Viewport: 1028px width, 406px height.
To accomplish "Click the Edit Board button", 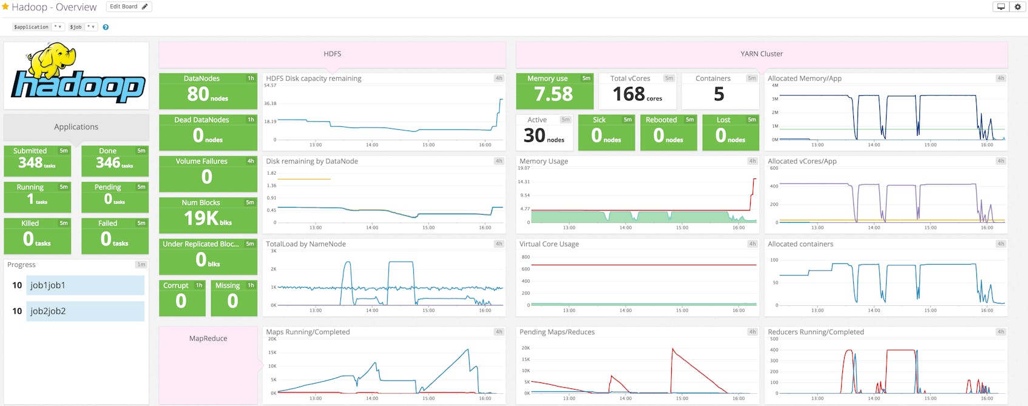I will (x=129, y=7).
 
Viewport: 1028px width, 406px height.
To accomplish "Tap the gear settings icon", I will (x=1018, y=7).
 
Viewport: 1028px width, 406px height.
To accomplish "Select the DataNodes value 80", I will (x=198, y=94).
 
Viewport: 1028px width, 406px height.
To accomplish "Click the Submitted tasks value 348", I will (x=30, y=163).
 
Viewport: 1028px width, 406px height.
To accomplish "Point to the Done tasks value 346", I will (x=108, y=163).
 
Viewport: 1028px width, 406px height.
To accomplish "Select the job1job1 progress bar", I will (x=85, y=285).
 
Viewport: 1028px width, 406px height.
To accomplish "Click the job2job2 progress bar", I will (x=85, y=311).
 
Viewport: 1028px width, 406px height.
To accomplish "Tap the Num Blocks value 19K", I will (x=201, y=218).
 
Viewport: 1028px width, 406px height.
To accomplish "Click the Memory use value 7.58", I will (x=553, y=94).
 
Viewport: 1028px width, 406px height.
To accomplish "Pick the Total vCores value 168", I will (x=629, y=94).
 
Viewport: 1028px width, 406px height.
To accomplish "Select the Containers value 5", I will (x=719, y=94).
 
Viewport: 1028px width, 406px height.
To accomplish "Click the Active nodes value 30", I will (x=535, y=135).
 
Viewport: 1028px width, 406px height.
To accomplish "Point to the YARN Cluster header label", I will (x=762, y=54).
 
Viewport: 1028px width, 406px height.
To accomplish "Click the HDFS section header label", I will (x=332, y=54).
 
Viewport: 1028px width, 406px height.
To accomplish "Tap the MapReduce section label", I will (x=208, y=339).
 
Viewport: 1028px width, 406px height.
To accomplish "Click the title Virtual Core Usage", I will (x=549, y=244).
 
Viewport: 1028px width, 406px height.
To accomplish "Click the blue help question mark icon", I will (x=106, y=27).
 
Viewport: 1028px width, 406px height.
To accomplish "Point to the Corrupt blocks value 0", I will (x=181, y=301).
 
